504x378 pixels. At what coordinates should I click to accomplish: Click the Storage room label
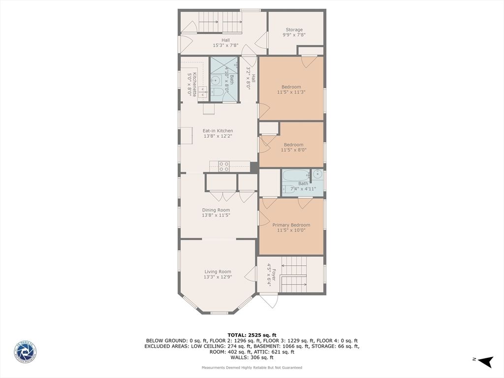click(x=294, y=30)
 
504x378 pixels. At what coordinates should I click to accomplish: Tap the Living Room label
click(x=218, y=272)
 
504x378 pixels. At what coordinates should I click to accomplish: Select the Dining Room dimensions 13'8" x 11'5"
click(x=216, y=215)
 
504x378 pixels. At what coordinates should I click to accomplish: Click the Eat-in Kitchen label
click(x=218, y=131)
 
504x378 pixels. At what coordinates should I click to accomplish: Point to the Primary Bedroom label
click(x=291, y=225)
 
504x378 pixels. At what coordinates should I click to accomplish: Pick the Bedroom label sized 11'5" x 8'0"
click(x=293, y=145)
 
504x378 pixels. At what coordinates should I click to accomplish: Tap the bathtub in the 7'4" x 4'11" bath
click(x=295, y=175)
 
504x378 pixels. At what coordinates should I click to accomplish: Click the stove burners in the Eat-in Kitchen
click(x=224, y=166)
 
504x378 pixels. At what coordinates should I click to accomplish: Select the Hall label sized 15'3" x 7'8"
click(x=225, y=40)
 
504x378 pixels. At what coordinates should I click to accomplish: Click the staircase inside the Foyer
click(x=294, y=275)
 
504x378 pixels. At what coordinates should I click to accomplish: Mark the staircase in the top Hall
click(x=220, y=22)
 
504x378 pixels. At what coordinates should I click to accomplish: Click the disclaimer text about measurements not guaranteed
click(x=252, y=368)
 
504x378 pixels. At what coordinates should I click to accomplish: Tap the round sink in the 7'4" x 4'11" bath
click(x=317, y=174)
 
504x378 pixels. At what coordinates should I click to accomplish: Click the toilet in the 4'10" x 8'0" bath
click(x=218, y=92)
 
